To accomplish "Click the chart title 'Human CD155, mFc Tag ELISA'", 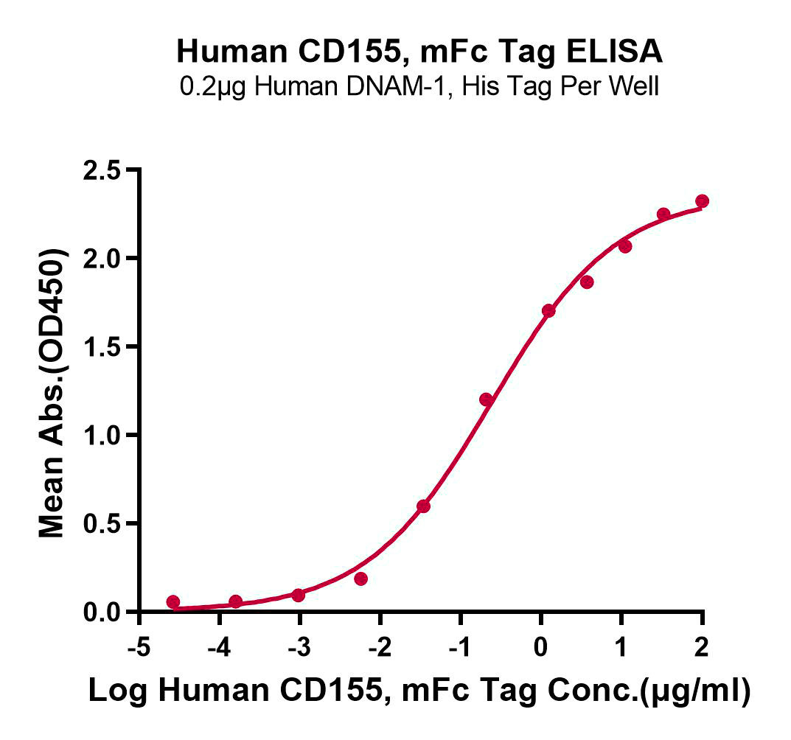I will coord(419,52).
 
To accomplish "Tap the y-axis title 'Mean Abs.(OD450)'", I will coord(52,393).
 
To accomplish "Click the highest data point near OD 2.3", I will coord(702,201).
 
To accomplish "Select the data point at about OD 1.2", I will coord(486,399).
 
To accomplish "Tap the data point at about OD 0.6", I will coord(423,506).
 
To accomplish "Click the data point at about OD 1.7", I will coord(548,311).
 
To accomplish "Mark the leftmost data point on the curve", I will coord(173,602).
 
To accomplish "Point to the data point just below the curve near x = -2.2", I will coord(360,579).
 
